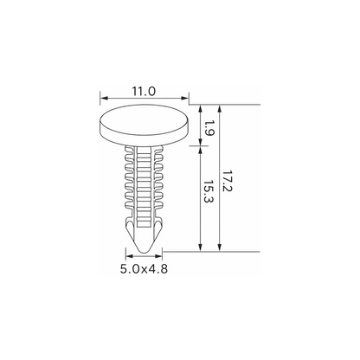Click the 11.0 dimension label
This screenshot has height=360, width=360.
tap(144, 92)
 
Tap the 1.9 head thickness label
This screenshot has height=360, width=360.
tap(209, 128)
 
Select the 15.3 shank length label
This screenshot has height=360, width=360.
tap(209, 192)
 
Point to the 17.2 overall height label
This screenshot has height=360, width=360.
tap(228, 181)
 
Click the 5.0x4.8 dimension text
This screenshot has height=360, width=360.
tap(144, 269)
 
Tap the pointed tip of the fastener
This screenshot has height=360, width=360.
tap(144, 252)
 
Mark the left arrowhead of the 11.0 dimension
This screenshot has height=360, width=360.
tap(104, 98)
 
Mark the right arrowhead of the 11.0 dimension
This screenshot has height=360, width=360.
tap(184, 98)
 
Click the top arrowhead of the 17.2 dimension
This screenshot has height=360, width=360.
tap(220, 109)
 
